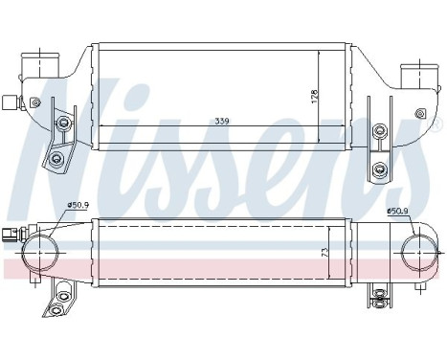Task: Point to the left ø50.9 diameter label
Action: tap(78, 205)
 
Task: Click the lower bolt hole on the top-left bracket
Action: tap(56, 157)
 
